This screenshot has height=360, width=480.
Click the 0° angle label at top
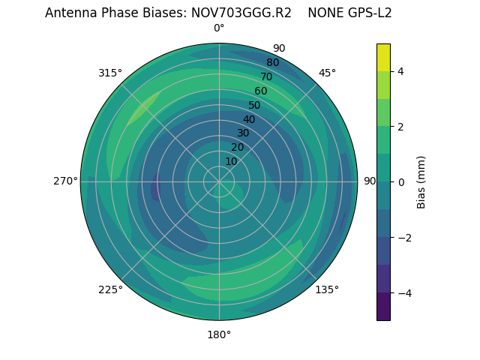pos(219,28)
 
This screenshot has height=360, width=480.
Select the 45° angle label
pos(327,73)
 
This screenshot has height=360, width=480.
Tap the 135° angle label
pos(327,289)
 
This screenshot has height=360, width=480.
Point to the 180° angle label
pos(219,334)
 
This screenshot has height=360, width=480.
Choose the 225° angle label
pos(110,289)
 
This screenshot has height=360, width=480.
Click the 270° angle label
pos(65,181)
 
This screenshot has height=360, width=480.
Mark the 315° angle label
pos(110,73)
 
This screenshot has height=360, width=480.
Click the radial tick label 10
pos(231,161)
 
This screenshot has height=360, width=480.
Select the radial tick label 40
pos(249,119)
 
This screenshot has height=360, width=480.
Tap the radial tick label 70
pos(266,76)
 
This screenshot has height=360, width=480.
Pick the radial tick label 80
pos(272,62)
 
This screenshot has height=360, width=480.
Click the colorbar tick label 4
pos(401,71)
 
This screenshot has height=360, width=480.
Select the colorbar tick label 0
pos(401,182)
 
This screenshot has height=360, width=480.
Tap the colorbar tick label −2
pos(404,238)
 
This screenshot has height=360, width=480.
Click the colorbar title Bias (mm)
pos(421,182)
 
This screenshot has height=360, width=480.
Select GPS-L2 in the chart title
pos(366,13)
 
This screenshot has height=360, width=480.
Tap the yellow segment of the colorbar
pos(383,57)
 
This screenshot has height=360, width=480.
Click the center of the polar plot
pos(219,181)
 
